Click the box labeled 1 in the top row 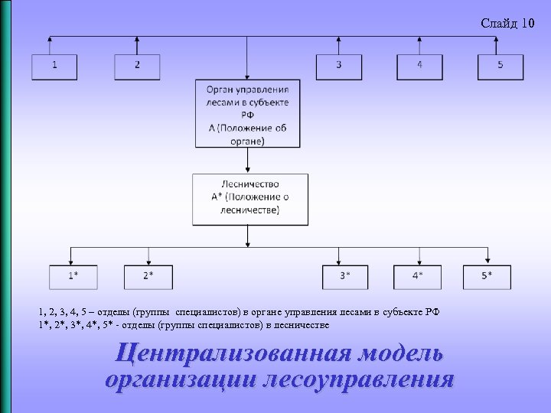pos(54,67)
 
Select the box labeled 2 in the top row pos(137,67)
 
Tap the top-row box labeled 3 pos(339,67)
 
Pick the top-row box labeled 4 pos(419,67)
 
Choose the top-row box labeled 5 pos(500,67)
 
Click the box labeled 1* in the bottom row pos(72,277)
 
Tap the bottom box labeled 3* pos(346,277)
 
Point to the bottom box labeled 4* pos(416,277)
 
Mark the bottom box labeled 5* pos(487,277)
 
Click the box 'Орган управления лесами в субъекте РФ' pos(247,114)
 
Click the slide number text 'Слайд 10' pos(507,24)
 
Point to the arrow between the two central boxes pos(247,161)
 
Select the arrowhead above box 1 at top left pos(51,39)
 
